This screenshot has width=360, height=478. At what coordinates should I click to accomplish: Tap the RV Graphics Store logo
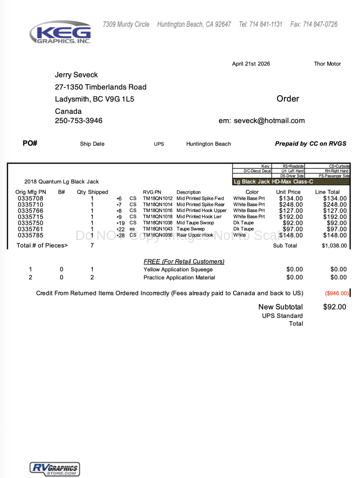click(55, 469)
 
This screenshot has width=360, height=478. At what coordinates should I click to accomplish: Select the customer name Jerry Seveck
click(76, 75)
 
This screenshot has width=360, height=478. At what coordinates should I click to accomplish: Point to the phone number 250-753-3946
click(78, 121)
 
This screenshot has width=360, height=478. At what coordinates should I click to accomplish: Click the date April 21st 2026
click(251, 64)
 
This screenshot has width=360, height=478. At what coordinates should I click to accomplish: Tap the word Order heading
click(288, 98)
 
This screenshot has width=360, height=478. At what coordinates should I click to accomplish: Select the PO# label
click(30, 143)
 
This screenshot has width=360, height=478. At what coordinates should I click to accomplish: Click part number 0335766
click(30, 211)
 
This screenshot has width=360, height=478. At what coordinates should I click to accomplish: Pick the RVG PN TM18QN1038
click(157, 223)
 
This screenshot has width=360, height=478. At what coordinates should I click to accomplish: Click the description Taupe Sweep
click(191, 229)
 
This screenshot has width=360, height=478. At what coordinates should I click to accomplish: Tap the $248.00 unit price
click(291, 204)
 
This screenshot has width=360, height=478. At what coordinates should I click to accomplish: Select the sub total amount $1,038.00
click(334, 246)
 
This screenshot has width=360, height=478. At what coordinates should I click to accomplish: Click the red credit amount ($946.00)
click(337, 293)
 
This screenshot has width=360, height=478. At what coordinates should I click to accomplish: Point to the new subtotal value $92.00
click(334, 307)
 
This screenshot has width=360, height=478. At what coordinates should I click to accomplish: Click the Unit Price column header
click(288, 192)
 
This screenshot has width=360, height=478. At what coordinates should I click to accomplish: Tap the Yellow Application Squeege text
click(178, 269)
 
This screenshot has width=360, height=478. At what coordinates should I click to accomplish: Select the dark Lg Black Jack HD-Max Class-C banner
click(291, 182)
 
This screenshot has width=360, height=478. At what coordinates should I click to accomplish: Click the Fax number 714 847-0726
click(314, 24)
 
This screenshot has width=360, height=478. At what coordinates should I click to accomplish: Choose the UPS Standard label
click(282, 316)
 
